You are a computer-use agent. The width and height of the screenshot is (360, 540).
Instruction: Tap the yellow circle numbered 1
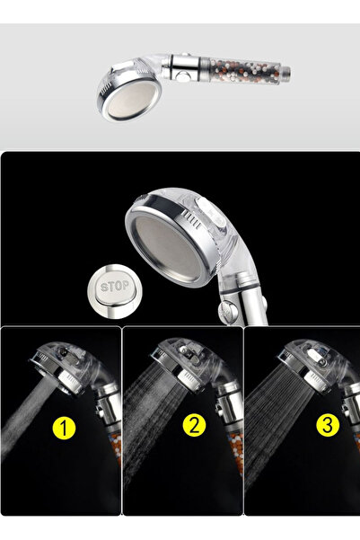64,428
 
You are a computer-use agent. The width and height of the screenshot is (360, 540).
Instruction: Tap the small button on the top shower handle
188,68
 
